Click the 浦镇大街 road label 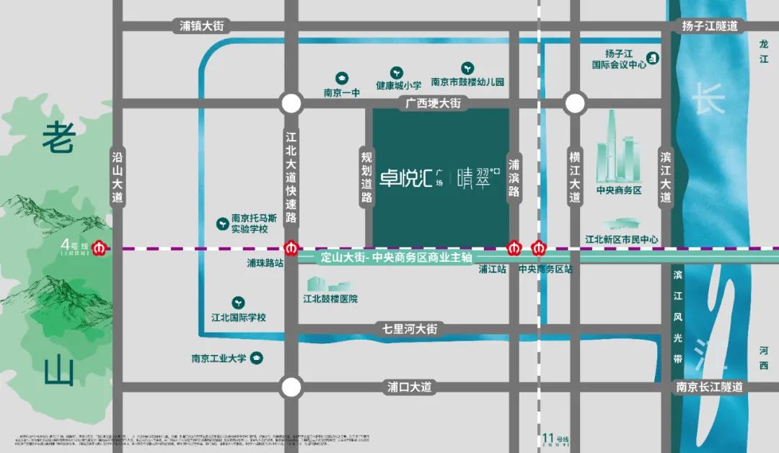click(202, 26)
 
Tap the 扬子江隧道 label click(710, 26)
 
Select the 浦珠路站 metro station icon click(291, 248)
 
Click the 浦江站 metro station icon click(514, 248)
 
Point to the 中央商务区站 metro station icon click(539, 248)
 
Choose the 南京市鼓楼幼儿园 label click(467, 82)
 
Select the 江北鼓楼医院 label click(330, 299)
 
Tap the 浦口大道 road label click(409, 387)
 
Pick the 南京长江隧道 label click(709, 387)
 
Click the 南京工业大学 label click(219, 358)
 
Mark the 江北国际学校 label click(239, 317)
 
